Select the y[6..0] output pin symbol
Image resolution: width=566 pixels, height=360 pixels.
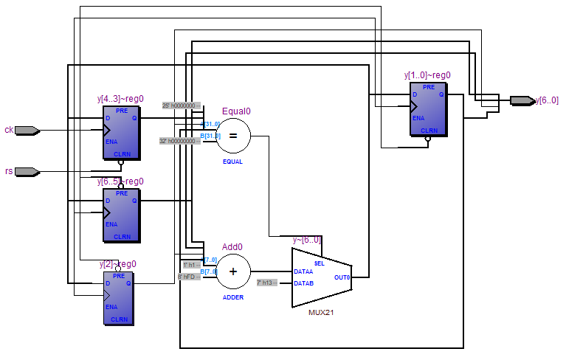click(521, 100)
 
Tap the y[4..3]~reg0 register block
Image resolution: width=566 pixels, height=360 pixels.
click(122, 133)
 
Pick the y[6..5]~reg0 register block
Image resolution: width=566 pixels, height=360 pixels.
click(122, 215)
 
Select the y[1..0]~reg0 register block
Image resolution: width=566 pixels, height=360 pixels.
click(428, 109)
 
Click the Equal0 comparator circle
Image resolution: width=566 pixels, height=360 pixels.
click(233, 136)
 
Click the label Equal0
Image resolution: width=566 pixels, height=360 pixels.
click(236, 111)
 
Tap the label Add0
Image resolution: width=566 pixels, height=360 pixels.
click(232, 247)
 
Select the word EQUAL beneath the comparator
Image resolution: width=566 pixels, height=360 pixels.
click(233, 161)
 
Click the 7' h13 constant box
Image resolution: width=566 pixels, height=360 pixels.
click(266, 283)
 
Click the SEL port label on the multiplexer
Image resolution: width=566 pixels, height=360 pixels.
click(319, 263)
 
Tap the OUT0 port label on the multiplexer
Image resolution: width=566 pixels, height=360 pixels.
click(342, 277)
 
